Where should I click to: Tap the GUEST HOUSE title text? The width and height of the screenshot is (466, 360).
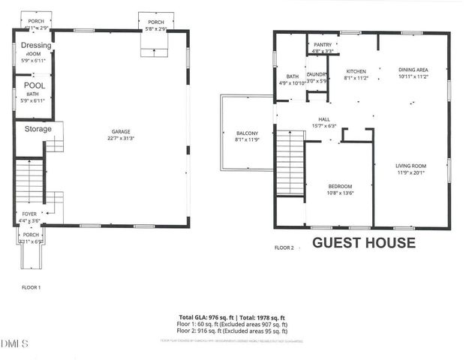pos(363,242)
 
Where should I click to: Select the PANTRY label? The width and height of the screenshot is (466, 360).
pos(323,45)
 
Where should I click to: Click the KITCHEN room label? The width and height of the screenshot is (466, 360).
pos(355,70)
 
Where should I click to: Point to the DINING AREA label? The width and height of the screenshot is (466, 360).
pos(412,70)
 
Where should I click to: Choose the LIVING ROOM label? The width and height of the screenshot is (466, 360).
pos(410,166)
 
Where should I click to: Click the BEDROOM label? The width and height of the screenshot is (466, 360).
pos(340,186)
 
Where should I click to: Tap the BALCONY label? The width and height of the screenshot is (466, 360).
pos(247,133)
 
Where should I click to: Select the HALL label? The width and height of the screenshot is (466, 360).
pos(323,118)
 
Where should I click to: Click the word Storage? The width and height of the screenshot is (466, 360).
pos(38,129)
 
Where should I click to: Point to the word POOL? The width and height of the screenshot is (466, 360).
pos(35,85)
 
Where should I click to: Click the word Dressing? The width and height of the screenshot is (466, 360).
pos(35,45)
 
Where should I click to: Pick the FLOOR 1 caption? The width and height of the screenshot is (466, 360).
pos(31,287)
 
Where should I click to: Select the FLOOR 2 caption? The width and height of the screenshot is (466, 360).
pos(284,247)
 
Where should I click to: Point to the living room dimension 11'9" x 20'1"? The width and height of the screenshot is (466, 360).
pos(410,172)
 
